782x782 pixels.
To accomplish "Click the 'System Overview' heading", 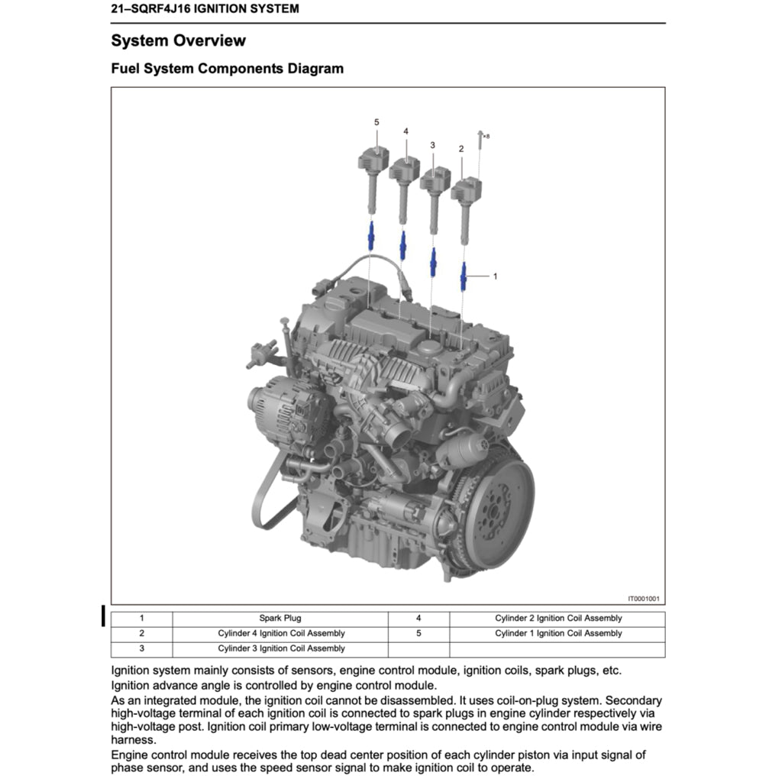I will click(x=178, y=40).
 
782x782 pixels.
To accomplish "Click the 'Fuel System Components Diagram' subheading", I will click(x=227, y=69).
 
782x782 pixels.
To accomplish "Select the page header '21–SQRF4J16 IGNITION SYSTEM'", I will click(x=205, y=9).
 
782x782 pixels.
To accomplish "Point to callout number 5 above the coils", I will click(x=376, y=122).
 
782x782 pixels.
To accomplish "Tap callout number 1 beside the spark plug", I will click(x=495, y=276).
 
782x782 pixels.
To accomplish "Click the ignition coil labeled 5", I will click(x=373, y=168).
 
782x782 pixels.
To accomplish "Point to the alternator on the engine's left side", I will click(x=286, y=412).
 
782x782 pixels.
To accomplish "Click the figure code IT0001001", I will click(x=643, y=599).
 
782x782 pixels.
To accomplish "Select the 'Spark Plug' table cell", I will click(x=280, y=619).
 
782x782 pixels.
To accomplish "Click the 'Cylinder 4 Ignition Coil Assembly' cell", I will click(x=280, y=634).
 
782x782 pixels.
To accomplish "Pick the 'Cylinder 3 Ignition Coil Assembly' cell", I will click(x=280, y=649).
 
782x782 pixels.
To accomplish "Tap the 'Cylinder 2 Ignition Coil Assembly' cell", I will click(x=557, y=619).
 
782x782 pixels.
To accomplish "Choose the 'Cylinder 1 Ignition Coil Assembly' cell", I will click(x=557, y=634).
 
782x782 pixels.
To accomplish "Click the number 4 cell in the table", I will click(x=418, y=619).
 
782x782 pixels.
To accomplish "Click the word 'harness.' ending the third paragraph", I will click(x=131, y=740).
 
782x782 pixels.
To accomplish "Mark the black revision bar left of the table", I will click(x=103, y=615).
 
